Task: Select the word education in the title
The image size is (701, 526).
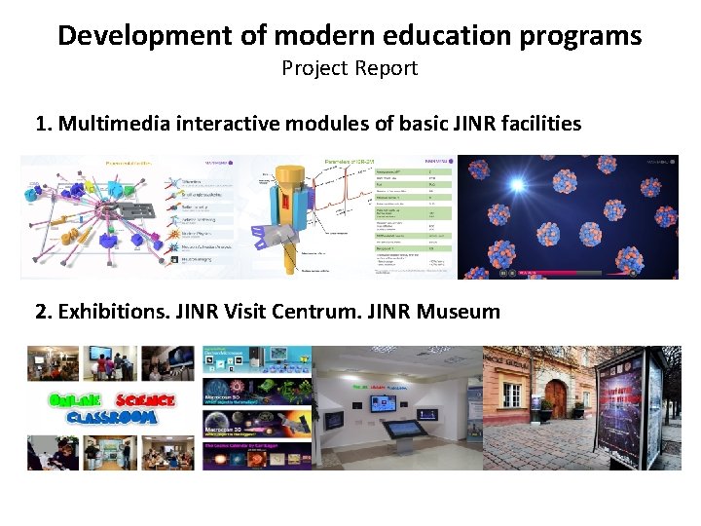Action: [408, 36]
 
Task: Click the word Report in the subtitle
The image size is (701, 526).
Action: [387, 68]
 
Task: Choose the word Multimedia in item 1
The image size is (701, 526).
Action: [110, 124]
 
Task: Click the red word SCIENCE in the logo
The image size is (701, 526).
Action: [144, 400]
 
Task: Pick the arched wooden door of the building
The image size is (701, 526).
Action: [556, 396]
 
